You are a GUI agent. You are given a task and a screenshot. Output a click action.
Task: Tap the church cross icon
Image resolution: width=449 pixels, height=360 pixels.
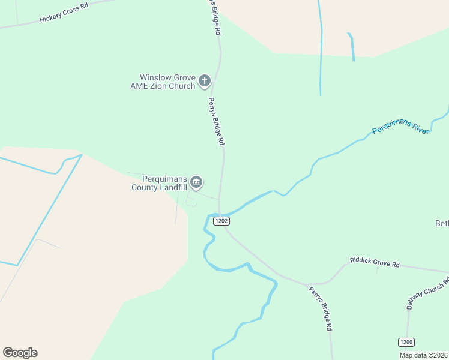[x=205, y=80]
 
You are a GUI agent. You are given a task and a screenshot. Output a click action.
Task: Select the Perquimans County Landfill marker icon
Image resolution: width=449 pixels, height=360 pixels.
[x=196, y=182]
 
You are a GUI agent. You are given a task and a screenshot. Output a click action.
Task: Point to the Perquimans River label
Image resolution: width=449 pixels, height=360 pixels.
[x=400, y=127]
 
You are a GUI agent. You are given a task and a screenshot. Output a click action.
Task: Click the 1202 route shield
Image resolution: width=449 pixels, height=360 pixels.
[x=221, y=221]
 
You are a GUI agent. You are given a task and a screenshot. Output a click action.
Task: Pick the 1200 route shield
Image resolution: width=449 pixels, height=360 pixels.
[x=406, y=342]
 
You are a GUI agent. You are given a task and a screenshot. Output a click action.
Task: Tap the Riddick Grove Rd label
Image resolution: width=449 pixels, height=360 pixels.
[x=375, y=263]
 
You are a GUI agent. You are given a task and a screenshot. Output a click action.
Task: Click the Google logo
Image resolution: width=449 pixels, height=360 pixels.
[x=20, y=353]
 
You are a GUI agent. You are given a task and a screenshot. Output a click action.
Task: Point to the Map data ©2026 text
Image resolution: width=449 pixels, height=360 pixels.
[x=423, y=355]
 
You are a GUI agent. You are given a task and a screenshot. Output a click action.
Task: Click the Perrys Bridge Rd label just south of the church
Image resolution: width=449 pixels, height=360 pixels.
[x=216, y=121]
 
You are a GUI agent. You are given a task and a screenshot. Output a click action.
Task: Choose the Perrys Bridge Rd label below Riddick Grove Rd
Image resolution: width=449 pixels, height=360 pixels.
[x=320, y=309]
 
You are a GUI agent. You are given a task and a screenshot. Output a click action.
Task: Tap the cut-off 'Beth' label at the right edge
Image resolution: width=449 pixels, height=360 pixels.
[x=442, y=224]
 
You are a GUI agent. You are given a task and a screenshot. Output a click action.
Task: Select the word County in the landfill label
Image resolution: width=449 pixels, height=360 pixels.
[x=145, y=187]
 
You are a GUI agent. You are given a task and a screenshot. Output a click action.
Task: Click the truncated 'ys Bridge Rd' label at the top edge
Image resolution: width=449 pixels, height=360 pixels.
[x=215, y=16]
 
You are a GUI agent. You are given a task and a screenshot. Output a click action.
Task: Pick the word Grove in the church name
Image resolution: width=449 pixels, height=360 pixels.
[x=184, y=77]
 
